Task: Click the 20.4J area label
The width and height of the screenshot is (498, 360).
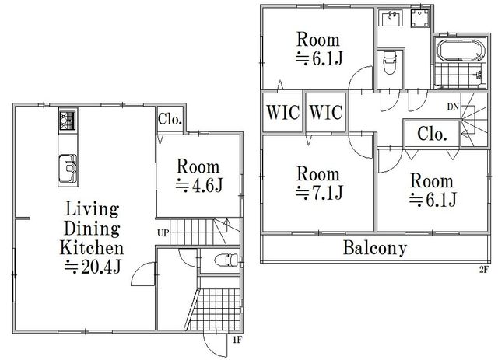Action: click(93, 267)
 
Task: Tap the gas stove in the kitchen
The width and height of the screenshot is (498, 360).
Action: click(68, 121)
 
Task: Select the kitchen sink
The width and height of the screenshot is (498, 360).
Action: click(68, 168)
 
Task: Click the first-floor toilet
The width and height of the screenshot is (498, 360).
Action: click(226, 260)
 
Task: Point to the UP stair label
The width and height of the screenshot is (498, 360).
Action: click(163, 233)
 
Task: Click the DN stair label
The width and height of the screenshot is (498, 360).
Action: click(453, 107)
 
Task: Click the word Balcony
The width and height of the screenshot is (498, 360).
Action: click(375, 248)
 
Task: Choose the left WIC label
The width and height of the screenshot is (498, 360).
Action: click(282, 112)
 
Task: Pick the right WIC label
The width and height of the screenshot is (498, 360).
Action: click(326, 112)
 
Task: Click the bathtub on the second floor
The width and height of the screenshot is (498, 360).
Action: click(461, 50)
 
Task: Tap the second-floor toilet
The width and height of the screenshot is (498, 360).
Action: click(391, 62)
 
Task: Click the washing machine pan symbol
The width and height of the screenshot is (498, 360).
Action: click(420, 19)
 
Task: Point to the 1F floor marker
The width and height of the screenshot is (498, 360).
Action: click(237, 341)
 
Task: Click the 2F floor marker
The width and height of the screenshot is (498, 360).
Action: click(483, 270)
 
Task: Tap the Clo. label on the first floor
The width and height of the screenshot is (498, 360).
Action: click(170, 120)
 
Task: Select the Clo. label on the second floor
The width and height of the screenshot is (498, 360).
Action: click(433, 134)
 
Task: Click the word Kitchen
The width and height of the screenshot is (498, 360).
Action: click(92, 248)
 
